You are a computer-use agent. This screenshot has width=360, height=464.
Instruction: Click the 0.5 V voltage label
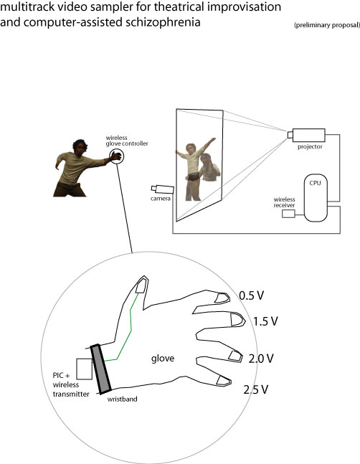click(x=251, y=295)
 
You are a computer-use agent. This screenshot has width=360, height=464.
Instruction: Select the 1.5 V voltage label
click(x=265, y=321)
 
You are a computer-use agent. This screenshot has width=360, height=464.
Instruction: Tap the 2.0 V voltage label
click(x=261, y=359)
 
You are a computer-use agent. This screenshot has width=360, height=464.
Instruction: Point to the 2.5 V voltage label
click(x=255, y=389)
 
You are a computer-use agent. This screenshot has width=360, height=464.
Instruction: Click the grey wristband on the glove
click(x=101, y=369)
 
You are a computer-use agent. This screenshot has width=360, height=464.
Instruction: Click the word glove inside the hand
click(x=163, y=359)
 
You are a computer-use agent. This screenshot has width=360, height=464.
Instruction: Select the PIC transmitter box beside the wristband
click(x=85, y=369)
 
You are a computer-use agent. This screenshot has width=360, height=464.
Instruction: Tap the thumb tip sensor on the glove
click(x=142, y=285)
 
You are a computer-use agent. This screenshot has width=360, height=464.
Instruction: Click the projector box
click(x=308, y=135)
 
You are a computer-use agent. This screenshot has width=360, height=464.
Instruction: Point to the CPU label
click(x=315, y=183)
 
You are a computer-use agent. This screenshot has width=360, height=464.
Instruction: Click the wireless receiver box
click(x=288, y=214)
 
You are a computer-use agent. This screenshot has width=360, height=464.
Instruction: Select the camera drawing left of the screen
click(x=162, y=189)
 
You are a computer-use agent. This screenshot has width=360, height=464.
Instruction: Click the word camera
click(x=161, y=199)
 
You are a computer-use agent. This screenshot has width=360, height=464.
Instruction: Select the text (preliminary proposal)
click(x=327, y=25)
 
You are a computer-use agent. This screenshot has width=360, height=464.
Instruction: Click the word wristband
click(x=122, y=399)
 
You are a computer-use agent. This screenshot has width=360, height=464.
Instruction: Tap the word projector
click(x=310, y=147)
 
